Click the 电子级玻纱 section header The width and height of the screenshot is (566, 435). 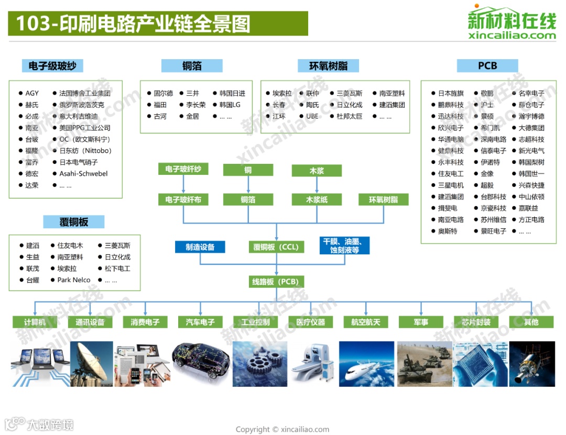tap(52, 66)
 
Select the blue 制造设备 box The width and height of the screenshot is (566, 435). tap(200, 247)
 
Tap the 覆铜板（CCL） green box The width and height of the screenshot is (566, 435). tap(276, 247)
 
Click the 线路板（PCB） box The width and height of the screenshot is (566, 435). tap(276, 282)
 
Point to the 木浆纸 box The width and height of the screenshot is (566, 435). tap(317, 199)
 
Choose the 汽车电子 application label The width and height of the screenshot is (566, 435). tap(200, 322)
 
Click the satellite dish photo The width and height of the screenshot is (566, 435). tap(91, 364)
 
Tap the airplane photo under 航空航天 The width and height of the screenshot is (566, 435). tap(366, 364)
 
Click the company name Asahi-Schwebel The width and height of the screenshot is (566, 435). tap(83, 174)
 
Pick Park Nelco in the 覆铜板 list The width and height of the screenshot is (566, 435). tap(74, 280)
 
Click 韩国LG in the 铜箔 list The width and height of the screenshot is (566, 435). tap(230, 105)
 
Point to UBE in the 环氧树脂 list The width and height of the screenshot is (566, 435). tap(312, 116)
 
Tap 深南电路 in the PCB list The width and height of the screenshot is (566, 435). tap(493, 139)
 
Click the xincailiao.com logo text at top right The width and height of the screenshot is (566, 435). tap(511, 36)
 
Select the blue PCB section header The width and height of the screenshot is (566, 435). tap(487, 66)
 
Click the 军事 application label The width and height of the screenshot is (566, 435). tap(421, 322)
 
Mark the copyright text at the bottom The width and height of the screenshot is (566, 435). tap(282, 429)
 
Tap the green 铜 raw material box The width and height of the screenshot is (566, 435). tap(247, 170)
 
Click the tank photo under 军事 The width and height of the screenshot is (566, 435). tap(421, 364)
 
